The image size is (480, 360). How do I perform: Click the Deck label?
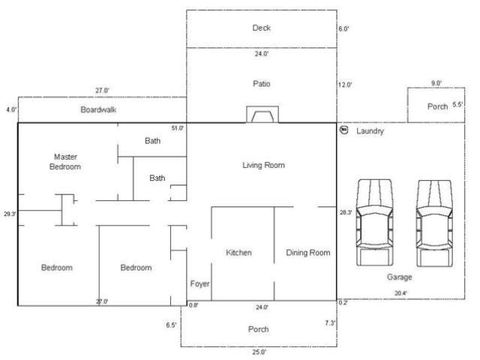click(262, 28)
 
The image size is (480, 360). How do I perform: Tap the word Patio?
click(262, 84)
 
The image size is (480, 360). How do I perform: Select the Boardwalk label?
click(100, 109)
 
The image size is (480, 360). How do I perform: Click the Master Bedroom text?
click(65, 162)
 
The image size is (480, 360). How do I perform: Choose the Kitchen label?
click(239, 252)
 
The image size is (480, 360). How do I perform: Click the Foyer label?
click(200, 284)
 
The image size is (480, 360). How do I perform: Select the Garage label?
click(400, 276)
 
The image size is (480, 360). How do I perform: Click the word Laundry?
click(370, 131)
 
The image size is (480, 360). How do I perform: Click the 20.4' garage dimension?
click(400, 293)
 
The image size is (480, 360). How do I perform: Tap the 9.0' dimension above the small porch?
click(435, 83)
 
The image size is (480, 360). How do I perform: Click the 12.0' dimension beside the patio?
click(345, 85)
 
